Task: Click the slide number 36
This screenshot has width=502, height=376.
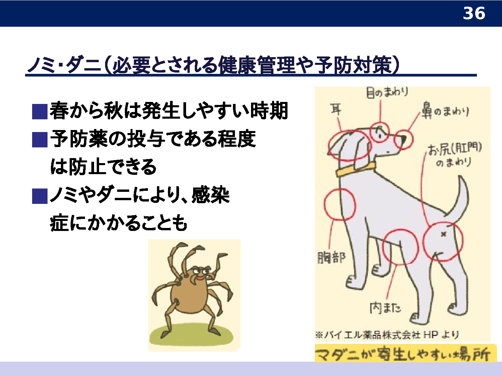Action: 474,13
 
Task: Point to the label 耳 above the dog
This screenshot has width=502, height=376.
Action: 336,109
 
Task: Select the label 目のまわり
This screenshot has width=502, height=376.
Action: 387,92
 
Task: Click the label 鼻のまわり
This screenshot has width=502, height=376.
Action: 445,112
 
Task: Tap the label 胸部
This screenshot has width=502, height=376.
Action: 332,257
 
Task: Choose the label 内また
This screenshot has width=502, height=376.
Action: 386,308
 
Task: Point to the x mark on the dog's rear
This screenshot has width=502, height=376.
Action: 443,234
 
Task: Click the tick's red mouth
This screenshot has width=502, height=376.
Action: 200,278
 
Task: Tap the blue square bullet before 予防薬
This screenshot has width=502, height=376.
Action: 40,140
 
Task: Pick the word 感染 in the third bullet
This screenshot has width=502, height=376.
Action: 211,196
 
